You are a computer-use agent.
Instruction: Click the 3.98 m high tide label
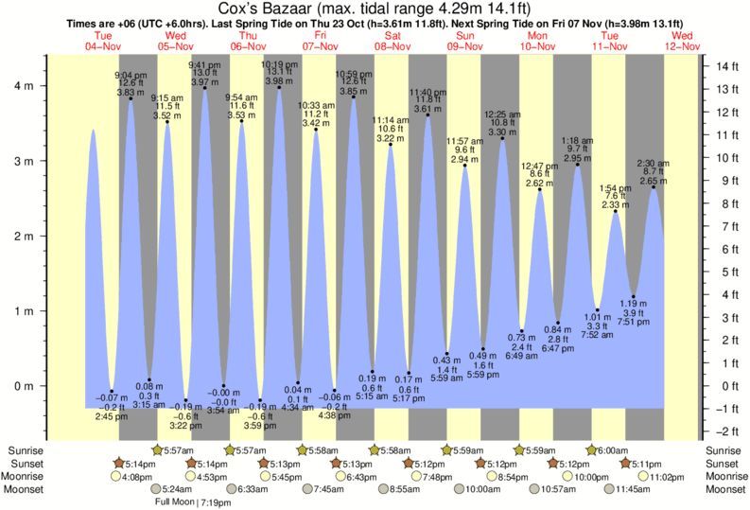[x=277, y=80]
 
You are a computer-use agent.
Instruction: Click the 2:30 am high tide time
[x=653, y=163]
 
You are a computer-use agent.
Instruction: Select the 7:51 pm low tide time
[x=634, y=322]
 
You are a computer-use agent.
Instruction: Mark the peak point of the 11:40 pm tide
[x=427, y=115]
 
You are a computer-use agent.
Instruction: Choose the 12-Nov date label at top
[x=682, y=45]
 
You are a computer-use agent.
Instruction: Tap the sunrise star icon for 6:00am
[x=592, y=449]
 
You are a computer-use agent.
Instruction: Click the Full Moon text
[x=175, y=502]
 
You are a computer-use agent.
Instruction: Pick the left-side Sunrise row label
[x=23, y=449]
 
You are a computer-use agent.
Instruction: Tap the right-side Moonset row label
[x=725, y=490]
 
